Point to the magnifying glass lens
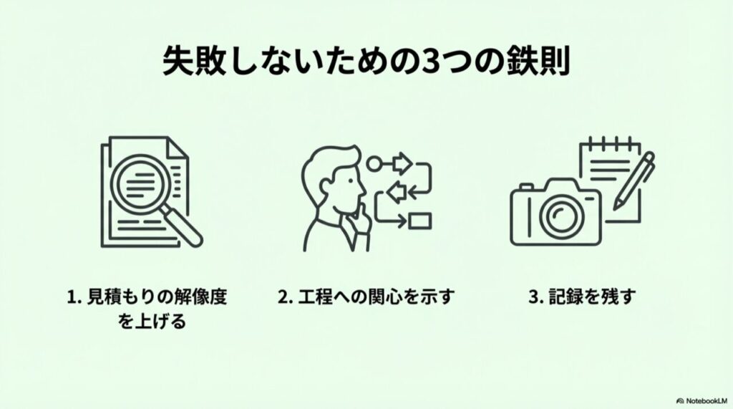[152, 185]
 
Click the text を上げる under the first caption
[152, 322]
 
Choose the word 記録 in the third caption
[568, 297]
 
